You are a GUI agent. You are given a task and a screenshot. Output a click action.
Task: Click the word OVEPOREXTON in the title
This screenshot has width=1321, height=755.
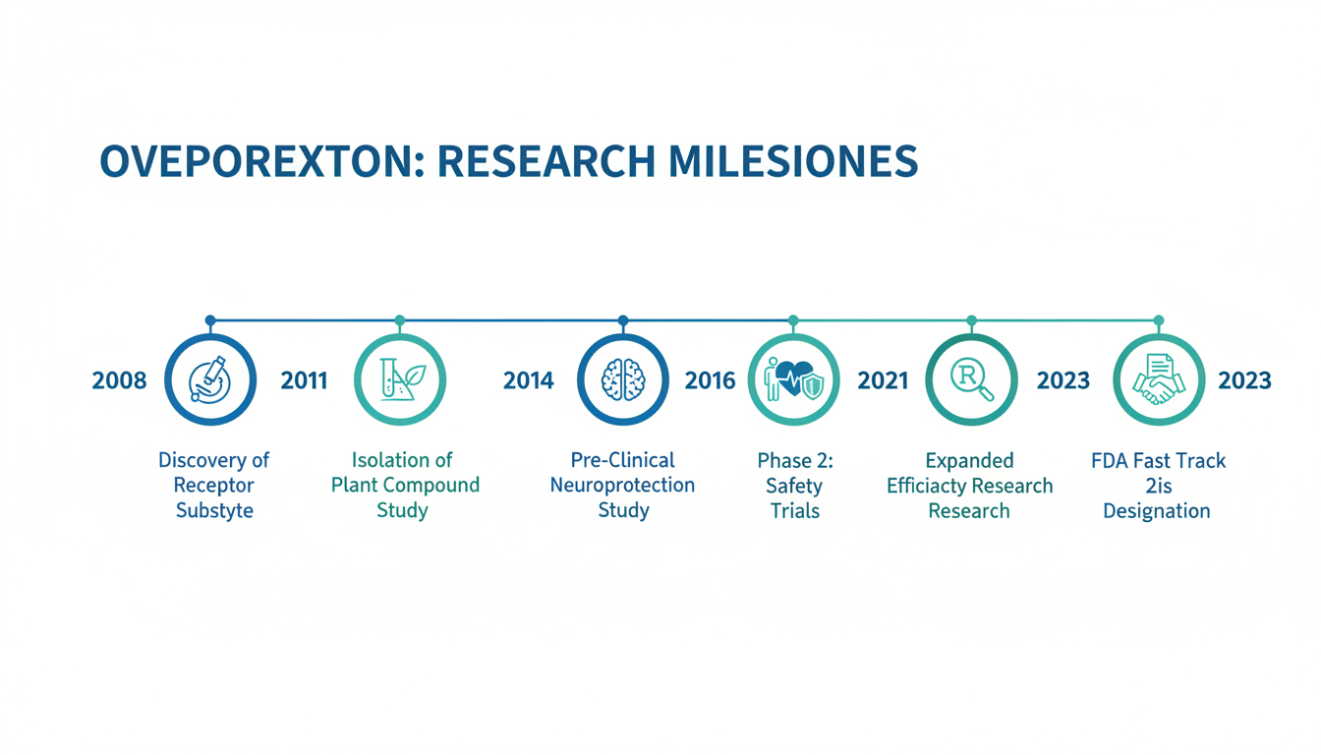pos(262,161)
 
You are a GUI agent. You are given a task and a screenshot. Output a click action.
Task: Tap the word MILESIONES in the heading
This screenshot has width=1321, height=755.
pos(792,161)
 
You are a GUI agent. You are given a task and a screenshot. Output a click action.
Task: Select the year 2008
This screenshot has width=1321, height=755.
pos(119,380)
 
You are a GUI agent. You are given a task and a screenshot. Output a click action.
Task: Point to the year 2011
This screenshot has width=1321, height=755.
pos(304,380)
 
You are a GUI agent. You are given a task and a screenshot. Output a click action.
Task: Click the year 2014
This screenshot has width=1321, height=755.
pos(529,380)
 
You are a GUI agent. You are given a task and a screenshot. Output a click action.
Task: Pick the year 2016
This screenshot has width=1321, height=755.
pos(710,380)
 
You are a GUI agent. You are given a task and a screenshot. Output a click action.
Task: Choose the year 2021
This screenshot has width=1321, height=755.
pos(883,380)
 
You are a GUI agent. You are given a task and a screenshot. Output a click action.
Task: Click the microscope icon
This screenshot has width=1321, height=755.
pos(210,379)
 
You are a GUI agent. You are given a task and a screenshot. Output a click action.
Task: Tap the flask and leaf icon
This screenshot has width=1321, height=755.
pos(402,379)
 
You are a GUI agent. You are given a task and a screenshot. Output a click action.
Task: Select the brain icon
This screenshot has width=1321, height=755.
pos(623,379)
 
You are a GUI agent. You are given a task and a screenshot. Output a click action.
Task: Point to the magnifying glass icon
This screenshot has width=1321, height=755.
pos(972,379)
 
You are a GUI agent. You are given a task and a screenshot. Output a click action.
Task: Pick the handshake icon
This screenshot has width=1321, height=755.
pos(1159,379)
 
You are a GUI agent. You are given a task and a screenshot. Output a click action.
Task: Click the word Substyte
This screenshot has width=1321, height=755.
pos(214,510)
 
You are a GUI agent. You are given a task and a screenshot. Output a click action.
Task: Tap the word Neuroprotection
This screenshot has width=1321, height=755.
pos(623,485)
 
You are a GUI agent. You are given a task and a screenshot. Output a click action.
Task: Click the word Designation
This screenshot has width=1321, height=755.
pos(1157,511)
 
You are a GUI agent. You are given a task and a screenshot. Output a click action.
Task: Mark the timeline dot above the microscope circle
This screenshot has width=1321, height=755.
pos(210,320)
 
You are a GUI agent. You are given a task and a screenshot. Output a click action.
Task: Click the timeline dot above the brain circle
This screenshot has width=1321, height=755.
pos(623,320)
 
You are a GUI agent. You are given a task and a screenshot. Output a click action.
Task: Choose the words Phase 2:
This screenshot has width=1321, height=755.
pos(795,461)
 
